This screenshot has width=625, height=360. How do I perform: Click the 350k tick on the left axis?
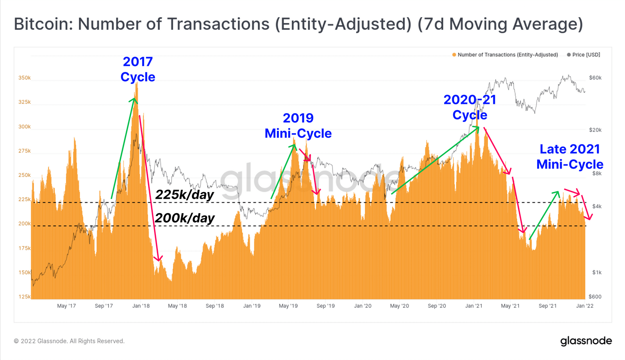[x=24, y=78]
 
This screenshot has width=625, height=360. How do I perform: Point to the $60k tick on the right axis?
[x=595, y=78]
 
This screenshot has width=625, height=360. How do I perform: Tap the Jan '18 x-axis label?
[x=141, y=306]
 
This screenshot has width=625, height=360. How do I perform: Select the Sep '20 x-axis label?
[x=436, y=306]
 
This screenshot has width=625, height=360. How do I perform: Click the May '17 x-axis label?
[x=66, y=306]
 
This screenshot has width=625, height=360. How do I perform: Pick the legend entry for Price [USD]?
[x=584, y=55]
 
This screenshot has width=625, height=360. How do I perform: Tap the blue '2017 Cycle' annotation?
[x=138, y=69]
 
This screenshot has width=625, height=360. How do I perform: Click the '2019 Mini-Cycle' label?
[x=298, y=126]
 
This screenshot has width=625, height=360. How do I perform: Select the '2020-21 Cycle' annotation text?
[x=470, y=107]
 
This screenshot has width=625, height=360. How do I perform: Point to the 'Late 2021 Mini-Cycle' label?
[x=570, y=157]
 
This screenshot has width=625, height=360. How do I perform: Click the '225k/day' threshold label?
[x=184, y=194]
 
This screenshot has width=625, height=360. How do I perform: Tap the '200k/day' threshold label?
[x=184, y=218]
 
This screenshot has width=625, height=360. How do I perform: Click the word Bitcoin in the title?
[x=42, y=24]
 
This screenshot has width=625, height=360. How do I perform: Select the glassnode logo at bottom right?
[x=586, y=341]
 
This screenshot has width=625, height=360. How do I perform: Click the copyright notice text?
[x=69, y=341]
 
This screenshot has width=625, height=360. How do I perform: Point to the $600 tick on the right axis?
[x=595, y=296]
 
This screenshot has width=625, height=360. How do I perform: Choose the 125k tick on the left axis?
[x=24, y=296]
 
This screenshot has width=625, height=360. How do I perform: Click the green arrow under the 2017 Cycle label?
[x=123, y=148]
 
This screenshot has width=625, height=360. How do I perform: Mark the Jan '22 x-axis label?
[x=585, y=306]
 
